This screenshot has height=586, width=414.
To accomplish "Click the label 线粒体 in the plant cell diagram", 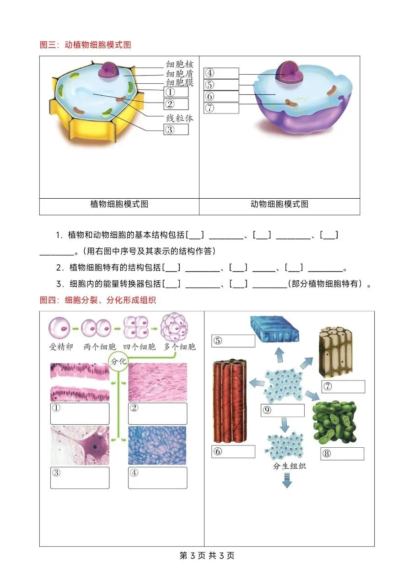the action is tap(179, 118).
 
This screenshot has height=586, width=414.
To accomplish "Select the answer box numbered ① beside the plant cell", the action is tap(176, 92).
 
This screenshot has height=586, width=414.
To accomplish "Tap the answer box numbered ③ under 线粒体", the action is tap(176, 130).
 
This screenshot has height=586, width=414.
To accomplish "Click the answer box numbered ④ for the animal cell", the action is tap(221, 73).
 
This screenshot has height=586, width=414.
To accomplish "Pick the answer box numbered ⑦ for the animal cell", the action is tap(221, 108).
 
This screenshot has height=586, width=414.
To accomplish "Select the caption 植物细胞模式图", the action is tap(119, 204).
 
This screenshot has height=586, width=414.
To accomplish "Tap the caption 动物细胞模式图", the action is tap(279, 204).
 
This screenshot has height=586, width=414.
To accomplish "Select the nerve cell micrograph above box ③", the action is tap(80, 445).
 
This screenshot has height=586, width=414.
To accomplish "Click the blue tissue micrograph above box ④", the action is tap(158, 445).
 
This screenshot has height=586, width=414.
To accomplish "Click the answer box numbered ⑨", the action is tap(282, 410).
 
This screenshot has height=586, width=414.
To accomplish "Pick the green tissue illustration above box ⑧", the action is tap(334, 422).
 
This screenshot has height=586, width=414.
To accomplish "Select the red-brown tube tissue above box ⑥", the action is tap(229, 401).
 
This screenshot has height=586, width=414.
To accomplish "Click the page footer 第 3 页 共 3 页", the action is tap(207, 556).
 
